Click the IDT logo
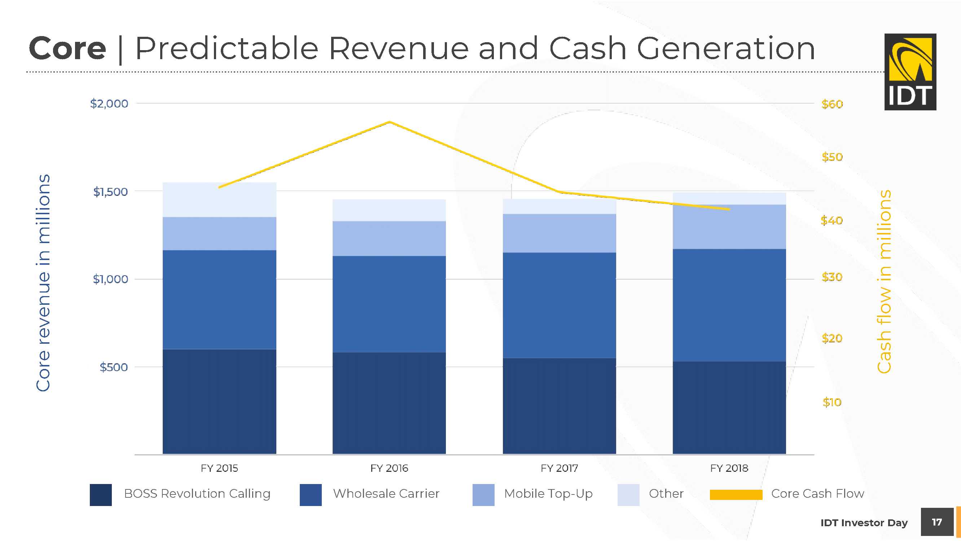pos(910,72)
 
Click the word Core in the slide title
pos(67,48)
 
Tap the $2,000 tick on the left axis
pos(109,104)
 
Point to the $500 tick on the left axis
pos(113,367)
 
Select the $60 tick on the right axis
pos(832,104)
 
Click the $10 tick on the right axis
pos(832,402)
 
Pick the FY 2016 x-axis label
pos(389,468)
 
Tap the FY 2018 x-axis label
pos(729,468)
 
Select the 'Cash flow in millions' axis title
pos(884,282)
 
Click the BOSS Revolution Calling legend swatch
pos(101,495)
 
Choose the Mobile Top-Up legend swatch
pos(483,495)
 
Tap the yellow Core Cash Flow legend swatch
pos(736,495)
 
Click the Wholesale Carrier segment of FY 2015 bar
pos(219,299)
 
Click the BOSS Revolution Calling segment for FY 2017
pos(559,406)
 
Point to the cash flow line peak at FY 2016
pos(390,122)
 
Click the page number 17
pos(937,522)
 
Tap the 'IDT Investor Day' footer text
pos(864,523)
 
